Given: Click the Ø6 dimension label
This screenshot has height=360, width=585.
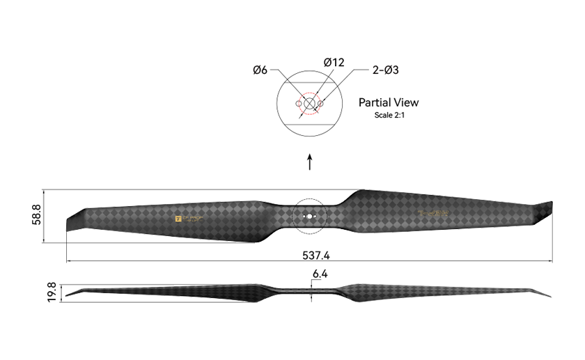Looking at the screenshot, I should click(260, 70).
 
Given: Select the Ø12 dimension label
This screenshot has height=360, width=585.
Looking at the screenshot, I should click(334, 63).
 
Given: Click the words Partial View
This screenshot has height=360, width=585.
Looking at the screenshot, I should click(389, 102).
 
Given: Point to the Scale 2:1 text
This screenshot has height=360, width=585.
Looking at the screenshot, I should click(389, 116).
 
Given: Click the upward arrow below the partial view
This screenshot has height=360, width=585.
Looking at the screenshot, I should click(310, 162).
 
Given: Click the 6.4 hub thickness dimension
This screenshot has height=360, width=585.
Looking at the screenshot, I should click(320, 274).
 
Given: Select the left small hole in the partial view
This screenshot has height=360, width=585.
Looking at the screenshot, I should click(299, 104).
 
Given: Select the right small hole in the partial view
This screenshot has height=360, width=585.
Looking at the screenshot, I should click(320, 104).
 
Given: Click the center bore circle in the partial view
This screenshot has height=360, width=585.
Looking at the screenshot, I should click(309, 104).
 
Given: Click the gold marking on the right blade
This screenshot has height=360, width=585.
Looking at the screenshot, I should click(433, 214).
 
